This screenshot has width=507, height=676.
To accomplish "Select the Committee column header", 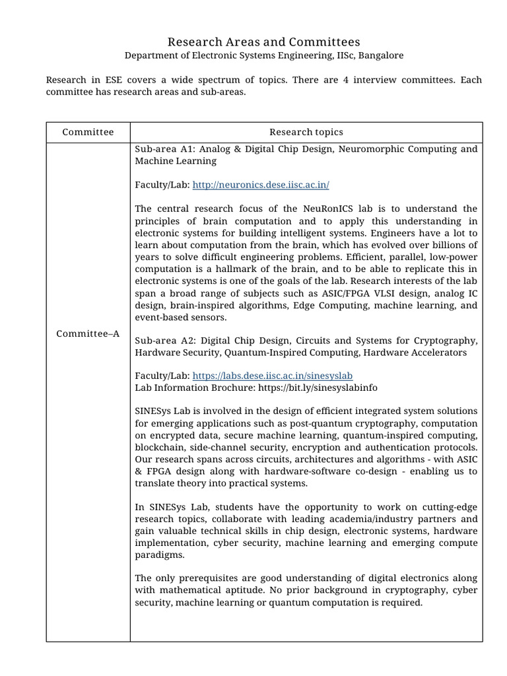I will [x=88, y=132].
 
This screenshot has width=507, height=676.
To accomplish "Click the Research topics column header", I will [x=306, y=132].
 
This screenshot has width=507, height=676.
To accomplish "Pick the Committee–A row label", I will [x=88, y=333].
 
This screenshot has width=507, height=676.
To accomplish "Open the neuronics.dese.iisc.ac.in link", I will [x=261, y=185].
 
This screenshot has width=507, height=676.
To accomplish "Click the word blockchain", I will [x=161, y=448].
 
